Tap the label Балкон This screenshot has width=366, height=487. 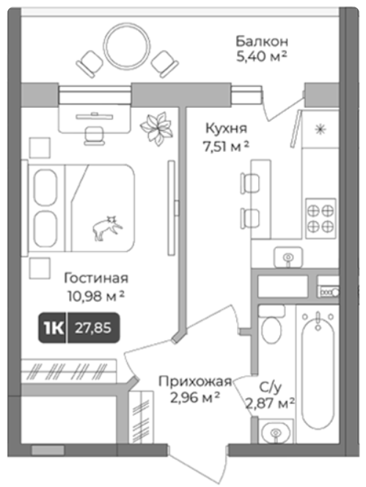coord(262,41)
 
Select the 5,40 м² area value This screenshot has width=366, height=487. coord(261,57)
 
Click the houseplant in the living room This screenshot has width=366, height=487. coord(157,129)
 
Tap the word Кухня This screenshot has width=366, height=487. coord(226,128)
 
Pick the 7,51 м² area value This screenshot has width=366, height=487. coord(226,146)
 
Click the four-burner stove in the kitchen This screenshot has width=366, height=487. coord(321,219)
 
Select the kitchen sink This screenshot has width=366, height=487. coord(288,257)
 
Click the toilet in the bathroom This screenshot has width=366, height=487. coord(271,324)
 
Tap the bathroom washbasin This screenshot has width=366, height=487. coord(276,431)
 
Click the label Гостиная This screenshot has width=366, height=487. coord(96,278)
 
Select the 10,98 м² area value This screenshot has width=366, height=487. coord(96,297)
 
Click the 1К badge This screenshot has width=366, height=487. coord(53,328)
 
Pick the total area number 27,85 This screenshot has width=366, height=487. coord(93,328)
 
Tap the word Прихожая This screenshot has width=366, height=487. coord(195,381)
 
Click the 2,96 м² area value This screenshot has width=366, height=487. coord(195,397)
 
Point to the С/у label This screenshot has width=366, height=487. coord(270,387)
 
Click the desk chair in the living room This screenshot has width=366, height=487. coord(95,135)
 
